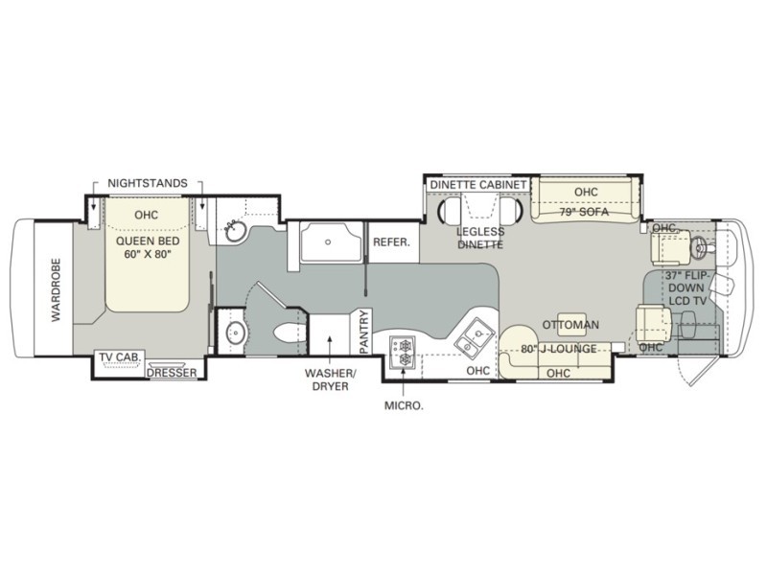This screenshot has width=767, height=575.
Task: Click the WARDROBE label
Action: (55, 288)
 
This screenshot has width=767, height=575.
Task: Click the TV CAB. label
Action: (120, 358)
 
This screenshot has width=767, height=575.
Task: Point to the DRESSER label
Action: (172, 372)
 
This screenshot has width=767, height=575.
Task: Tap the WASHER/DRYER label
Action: (328, 379)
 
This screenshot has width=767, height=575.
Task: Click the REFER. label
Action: (391, 242)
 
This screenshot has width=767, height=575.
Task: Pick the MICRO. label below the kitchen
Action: (404, 405)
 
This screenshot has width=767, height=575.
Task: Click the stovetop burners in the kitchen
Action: (401, 352)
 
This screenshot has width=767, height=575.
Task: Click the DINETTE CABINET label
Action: (477, 184)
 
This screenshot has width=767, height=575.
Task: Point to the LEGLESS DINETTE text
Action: (480, 238)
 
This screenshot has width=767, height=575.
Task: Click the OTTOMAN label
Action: (571, 325)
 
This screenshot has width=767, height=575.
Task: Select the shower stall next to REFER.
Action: (332, 242)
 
